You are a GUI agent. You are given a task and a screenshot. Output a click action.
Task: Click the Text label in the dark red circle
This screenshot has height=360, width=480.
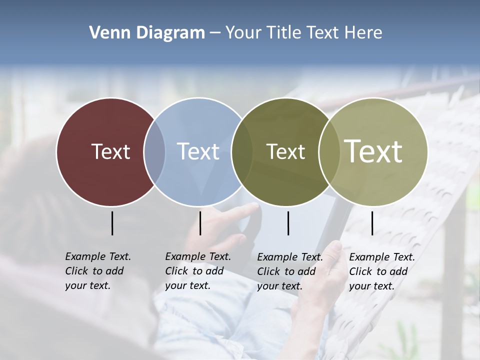pyautogui.click(x=110, y=151)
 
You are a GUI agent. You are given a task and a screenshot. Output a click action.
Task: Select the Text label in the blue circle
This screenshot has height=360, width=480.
pyautogui.click(x=198, y=151)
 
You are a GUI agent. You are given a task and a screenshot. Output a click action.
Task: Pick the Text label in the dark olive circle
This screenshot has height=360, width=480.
pyautogui.click(x=285, y=151)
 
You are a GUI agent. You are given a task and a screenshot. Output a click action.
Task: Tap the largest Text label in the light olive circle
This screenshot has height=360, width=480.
pyautogui.click(x=373, y=151)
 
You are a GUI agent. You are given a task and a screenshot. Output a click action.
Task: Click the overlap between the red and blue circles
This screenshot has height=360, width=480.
pyautogui.click(x=154, y=151)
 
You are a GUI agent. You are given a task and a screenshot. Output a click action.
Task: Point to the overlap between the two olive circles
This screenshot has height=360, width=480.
pyautogui.click(x=329, y=151)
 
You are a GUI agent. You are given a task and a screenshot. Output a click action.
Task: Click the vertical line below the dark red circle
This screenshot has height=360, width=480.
pyautogui.click(x=112, y=223)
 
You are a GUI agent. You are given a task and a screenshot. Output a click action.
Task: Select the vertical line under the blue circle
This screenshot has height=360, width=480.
pyautogui.click(x=200, y=223)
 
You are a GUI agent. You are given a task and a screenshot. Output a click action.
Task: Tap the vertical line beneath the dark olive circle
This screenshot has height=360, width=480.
pyautogui.click(x=288, y=223)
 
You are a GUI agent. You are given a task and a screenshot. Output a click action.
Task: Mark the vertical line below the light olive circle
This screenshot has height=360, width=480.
pyautogui.click(x=372, y=223)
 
